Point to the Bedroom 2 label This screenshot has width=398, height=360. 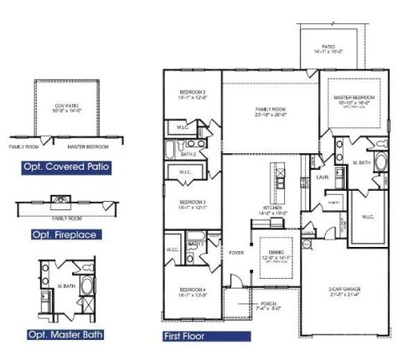pos(193,95)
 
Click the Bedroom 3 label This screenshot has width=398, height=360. pos(193,203)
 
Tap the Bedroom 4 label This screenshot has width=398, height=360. pos(193,292)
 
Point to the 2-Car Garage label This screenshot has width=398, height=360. pos(344,291)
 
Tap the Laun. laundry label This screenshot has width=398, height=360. pos(322,177)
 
